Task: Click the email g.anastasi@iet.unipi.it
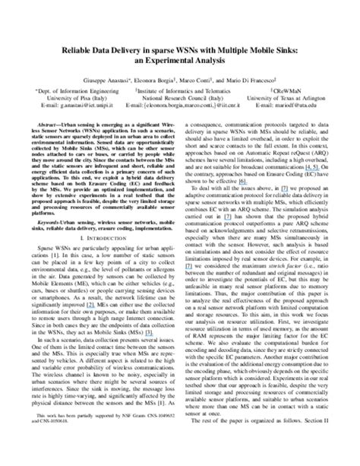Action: (x=81, y=107)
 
